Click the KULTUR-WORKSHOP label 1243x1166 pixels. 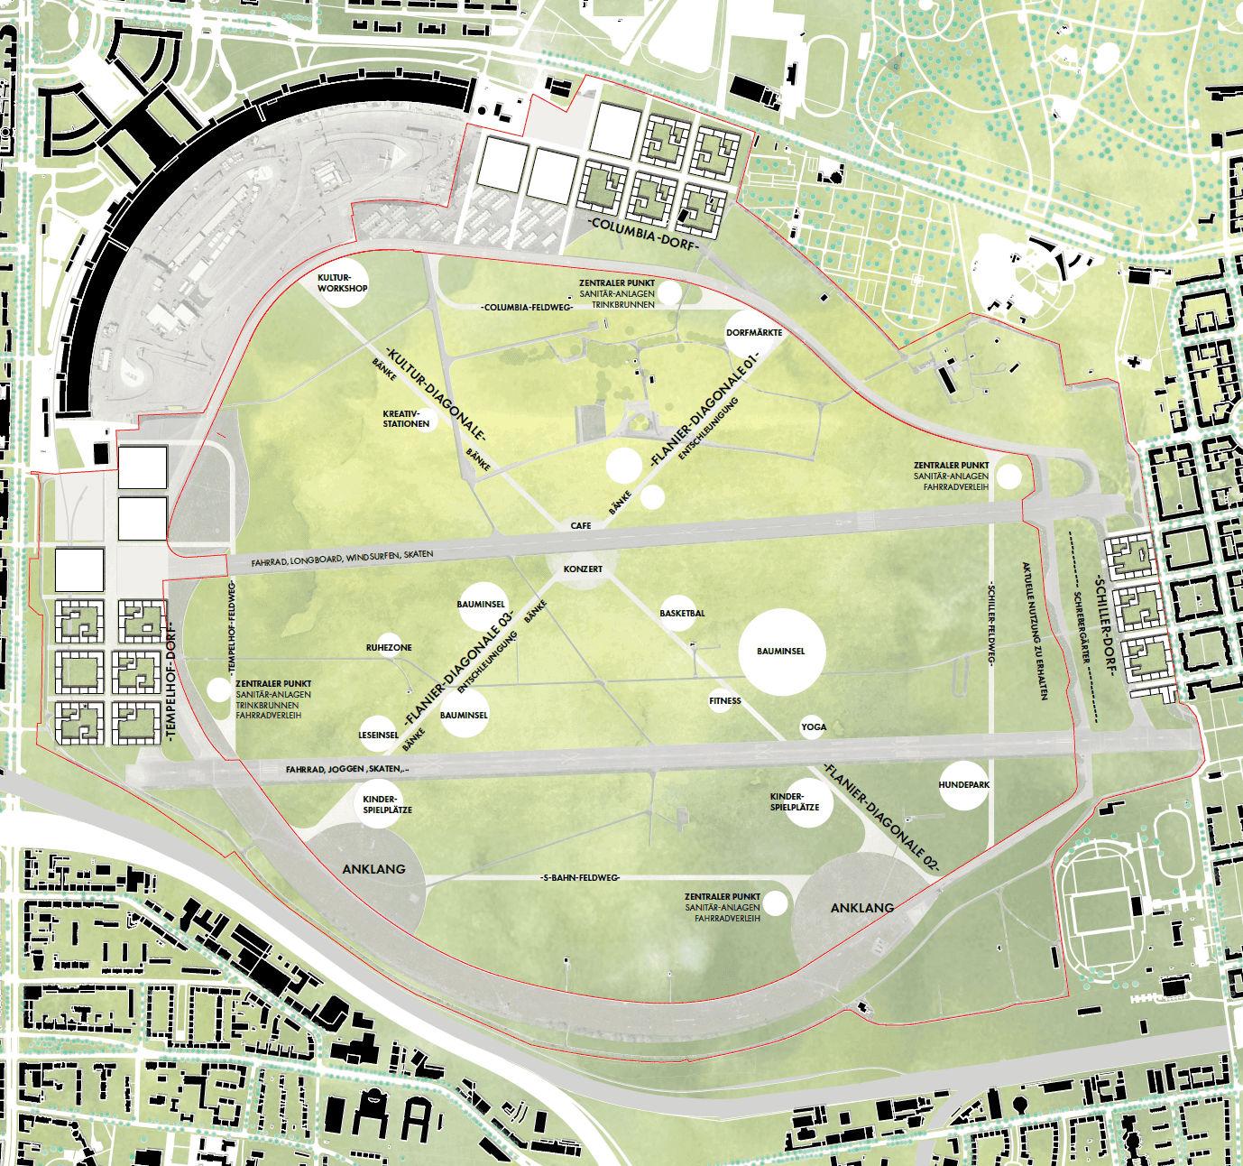(343, 283)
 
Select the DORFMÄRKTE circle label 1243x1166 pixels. (754, 332)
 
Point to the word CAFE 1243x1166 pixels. (581, 525)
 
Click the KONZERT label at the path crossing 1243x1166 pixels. (583, 569)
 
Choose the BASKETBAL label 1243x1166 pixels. (682, 613)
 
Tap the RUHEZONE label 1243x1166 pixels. (389, 647)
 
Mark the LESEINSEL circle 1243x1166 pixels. (379, 735)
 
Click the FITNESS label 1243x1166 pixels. (725, 700)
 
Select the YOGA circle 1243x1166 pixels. (814, 726)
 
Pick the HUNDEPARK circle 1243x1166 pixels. (963, 785)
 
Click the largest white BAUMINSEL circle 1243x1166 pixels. (781, 652)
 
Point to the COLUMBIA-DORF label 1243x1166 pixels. (643, 232)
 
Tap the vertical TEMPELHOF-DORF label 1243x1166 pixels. (171, 681)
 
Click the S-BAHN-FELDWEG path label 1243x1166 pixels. (581, 877)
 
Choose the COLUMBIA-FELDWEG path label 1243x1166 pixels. (527, 307)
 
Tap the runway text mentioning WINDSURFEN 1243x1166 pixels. (343, 559)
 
